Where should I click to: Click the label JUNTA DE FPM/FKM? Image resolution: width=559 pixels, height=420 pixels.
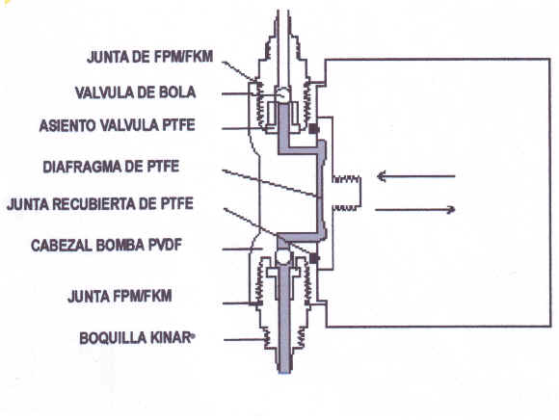(150, 57)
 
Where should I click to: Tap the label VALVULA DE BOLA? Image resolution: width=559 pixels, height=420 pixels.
(136, 92)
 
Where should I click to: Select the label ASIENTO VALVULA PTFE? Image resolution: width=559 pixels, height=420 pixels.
(117, 125)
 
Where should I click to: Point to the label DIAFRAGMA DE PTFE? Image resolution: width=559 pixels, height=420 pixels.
(111, 167)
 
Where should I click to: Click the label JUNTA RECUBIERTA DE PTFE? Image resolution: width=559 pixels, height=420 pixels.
(100, 204)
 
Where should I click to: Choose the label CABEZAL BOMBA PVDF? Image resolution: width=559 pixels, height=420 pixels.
(107, 246)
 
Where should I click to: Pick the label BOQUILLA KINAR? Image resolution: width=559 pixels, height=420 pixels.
(137, 338)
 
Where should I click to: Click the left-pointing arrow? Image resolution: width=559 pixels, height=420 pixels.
(416, 176)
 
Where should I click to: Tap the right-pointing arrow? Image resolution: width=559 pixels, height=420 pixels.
(415, 209)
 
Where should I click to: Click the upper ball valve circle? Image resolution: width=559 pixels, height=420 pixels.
(283, 94)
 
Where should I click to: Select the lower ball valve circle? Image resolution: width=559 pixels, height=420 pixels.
(283, 257)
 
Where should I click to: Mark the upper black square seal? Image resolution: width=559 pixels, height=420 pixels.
(313, 128)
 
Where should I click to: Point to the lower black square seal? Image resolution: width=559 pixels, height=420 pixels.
(313, 258)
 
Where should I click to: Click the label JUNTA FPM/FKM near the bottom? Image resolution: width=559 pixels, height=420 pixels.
(120, 297)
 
